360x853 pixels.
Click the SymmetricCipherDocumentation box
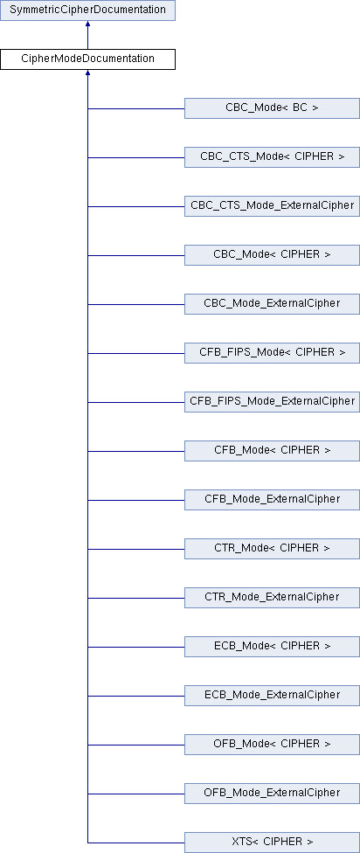(87, 10)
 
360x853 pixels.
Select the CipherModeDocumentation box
(87, 59)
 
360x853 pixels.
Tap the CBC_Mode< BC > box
(272, 108)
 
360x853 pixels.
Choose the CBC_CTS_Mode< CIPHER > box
(272, 157)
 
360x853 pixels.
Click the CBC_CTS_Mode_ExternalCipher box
(272, 206)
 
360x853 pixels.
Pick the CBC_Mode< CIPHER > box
(272, 255)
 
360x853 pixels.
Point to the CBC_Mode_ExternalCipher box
(272, 304)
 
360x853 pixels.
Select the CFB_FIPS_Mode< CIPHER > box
(272, 353)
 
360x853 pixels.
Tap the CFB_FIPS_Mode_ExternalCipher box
(272, 402)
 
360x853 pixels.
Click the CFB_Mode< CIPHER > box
(272, 451)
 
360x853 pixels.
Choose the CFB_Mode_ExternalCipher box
(272, 500)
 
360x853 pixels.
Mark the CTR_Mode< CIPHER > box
(272, 549)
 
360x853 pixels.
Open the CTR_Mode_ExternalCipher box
(272, 598)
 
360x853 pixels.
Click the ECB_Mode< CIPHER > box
(272, 647)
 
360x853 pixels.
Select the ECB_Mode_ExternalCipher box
(272, 696)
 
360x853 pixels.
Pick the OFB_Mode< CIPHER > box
(272, 745)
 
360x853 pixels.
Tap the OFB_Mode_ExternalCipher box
(272, 794)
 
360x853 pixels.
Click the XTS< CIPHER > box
(272, 843)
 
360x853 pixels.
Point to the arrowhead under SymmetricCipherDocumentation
(87, 24)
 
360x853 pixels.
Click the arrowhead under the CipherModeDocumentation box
(87, 73)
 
